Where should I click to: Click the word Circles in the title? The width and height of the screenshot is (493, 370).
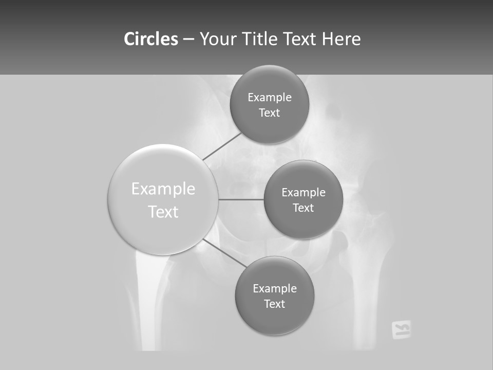coord(150,39)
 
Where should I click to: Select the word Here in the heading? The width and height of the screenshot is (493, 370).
coord(342,39)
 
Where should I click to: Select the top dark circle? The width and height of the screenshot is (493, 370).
coord(269,77)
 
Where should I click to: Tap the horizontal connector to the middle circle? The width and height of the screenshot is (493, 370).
coord(241,199)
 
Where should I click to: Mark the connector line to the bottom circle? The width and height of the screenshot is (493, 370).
coord(224,253)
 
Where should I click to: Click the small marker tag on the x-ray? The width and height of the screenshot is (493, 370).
coord(401,330)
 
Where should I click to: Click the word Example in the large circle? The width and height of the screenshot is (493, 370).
coord(163,189)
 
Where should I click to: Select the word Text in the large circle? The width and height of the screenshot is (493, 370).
coord(163,212)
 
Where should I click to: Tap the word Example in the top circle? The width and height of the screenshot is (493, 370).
coord(270,98)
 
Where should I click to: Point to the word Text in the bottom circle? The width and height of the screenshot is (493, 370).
coord(274,304)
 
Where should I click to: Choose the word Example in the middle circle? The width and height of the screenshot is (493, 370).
coord(304,193)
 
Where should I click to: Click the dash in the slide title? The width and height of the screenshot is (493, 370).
coord(188,39)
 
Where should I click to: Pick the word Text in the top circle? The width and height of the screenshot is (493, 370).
coord(270,113)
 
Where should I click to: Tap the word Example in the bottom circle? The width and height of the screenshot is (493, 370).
coord(275,288)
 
